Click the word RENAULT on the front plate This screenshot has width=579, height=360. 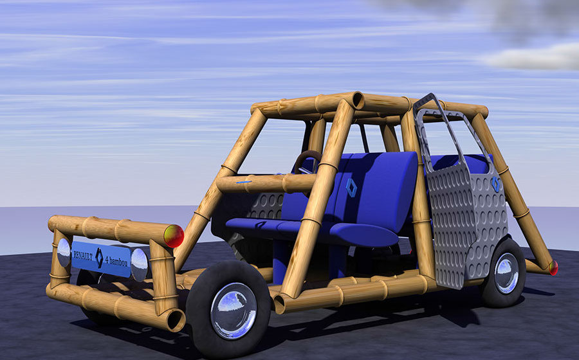coord(83,256)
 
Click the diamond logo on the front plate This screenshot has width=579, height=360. coord(99,258)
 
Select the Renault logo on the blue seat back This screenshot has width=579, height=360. coord(351,188)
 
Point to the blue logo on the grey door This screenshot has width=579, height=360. coord(495,184)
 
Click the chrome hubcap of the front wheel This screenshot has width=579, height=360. coord(234,311)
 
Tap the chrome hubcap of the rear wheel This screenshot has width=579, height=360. coord(507,273)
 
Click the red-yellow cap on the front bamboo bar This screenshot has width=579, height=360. coord(174,236)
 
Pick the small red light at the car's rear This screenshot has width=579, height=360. coord(553,268)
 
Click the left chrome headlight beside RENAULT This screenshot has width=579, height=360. coord(64,253)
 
